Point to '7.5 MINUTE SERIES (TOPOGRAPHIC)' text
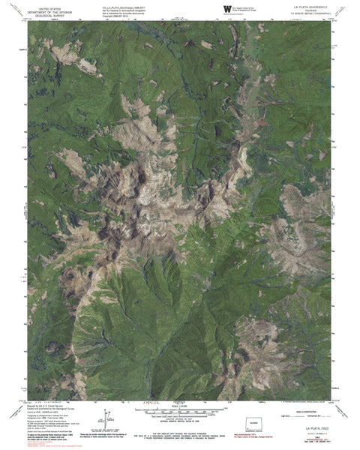point(310,14)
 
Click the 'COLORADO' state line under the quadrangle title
point(310,10)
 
